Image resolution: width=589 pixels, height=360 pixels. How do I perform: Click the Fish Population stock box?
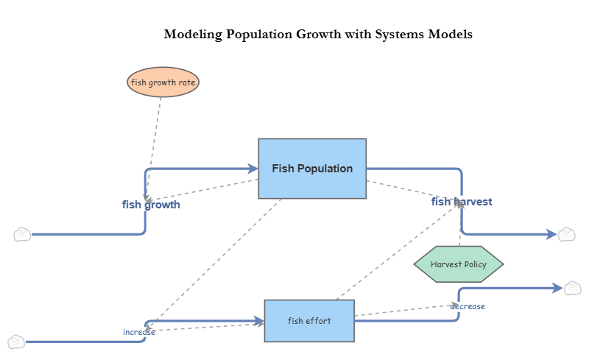(x=312, y=169)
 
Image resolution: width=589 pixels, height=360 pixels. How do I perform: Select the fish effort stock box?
(x=309, y=321)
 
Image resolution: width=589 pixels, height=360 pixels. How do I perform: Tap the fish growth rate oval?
(x=163, y=82)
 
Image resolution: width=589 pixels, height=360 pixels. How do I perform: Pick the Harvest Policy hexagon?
(x=459, y=264)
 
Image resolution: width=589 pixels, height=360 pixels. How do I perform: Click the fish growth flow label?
(x=151, y=205)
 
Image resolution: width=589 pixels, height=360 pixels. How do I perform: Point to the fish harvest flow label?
(x=462, y=202)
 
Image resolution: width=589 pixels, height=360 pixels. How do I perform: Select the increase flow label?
(x=138, y=332)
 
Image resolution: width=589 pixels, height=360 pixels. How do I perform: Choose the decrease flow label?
(x=468, y=306)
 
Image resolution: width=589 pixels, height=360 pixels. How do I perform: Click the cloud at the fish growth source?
(x=22, y=235)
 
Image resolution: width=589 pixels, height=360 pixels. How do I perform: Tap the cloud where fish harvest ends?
(x=566, y=235)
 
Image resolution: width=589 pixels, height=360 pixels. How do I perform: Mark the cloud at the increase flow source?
(x=16, y=342)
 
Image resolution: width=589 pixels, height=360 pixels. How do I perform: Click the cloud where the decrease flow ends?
(x=573, y=288)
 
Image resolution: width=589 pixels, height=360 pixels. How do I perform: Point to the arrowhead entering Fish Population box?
(x=253, y=169)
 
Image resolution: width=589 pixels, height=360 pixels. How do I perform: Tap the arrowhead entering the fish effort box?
(x=259, y=321)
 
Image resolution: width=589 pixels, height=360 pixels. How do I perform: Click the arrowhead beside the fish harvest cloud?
(x=551, y=235)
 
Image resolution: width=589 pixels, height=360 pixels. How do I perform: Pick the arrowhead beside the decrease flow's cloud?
(x=557, y=288)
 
